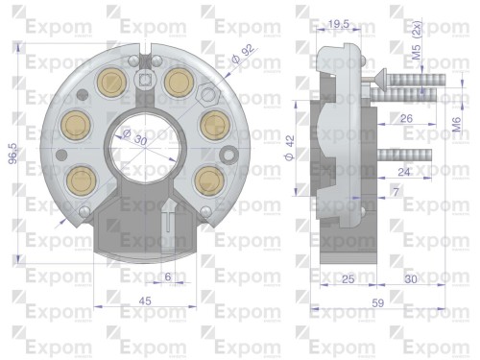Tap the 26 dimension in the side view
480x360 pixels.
405,119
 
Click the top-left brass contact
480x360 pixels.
111,82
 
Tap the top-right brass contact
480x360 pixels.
177,82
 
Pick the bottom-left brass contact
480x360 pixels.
80,178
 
